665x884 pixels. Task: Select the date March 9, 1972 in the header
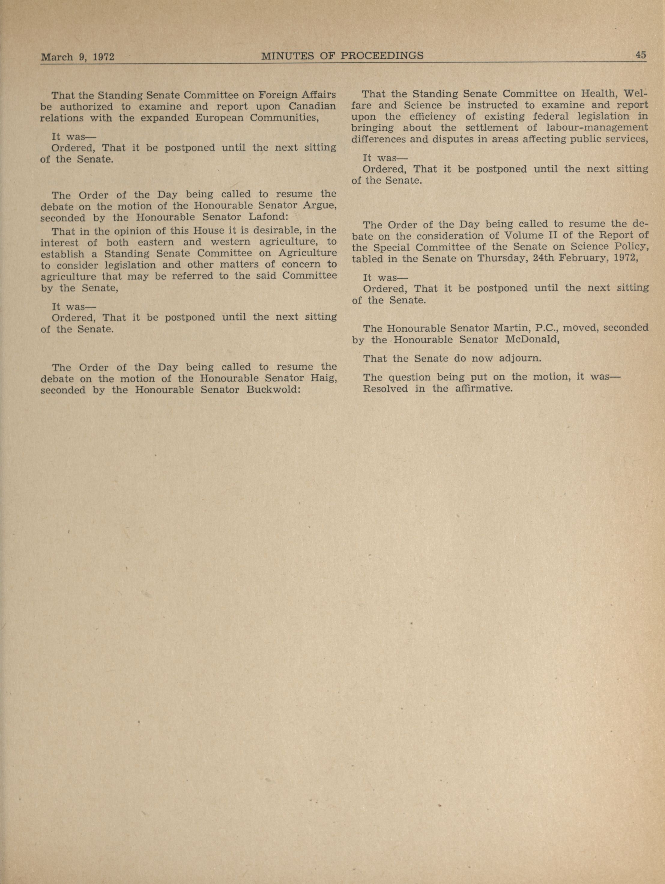click(x=78, y=57)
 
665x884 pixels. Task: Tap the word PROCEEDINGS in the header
click(x=382, y=56)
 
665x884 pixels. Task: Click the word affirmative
click(x=484, y=389)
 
